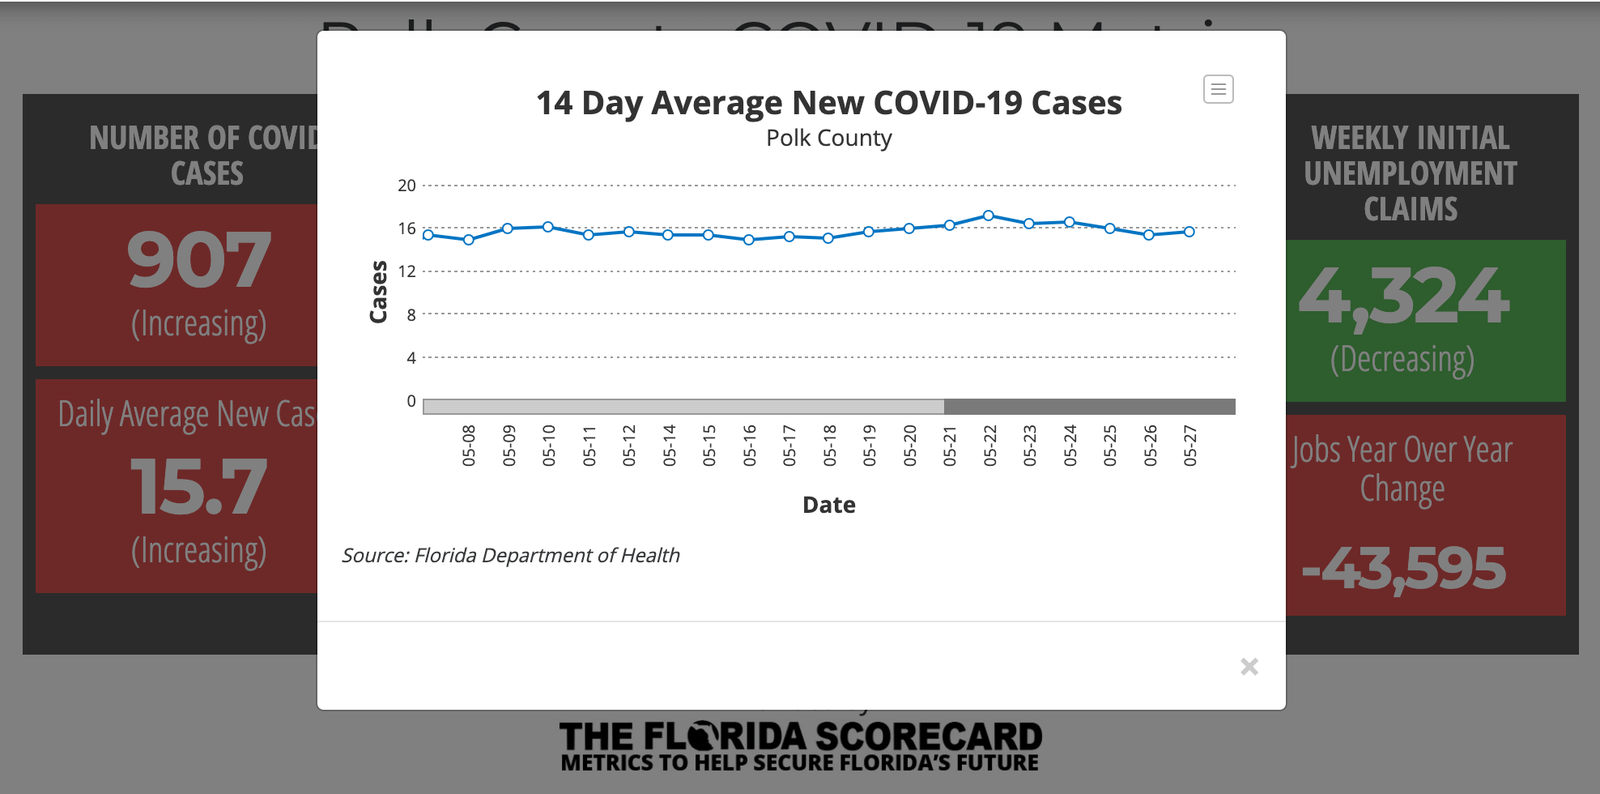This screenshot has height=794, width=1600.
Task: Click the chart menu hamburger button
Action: coord(1218,89)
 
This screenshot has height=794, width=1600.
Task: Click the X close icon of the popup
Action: coord(1249,667)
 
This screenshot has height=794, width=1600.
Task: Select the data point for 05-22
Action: coord(989,216)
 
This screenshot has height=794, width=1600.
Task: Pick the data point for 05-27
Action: coord(1189,232)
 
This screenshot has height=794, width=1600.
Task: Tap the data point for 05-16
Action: coord(749,240)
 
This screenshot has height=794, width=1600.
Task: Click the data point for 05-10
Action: coord(548,227)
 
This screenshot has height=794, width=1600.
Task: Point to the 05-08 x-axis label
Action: coord(469,446)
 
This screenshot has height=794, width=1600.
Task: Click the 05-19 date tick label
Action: coord(870,446)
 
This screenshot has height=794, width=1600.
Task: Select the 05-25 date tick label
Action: coord(1110,446)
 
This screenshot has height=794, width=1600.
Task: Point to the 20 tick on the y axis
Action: coord(406,186)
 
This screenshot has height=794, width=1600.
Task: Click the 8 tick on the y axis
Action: coord(411,314)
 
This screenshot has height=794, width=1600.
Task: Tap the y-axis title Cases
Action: coord(378,292)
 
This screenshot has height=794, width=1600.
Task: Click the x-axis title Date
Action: coord(828,505)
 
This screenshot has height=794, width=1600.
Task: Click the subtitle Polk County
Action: coord(828,139)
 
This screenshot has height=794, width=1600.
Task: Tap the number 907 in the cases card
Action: coord(198,260)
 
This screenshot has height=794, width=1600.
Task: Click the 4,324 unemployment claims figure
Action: coord(1404,297)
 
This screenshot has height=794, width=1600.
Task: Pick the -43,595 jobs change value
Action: coord(1403,569)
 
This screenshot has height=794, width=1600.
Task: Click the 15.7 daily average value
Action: coord(198,487)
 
